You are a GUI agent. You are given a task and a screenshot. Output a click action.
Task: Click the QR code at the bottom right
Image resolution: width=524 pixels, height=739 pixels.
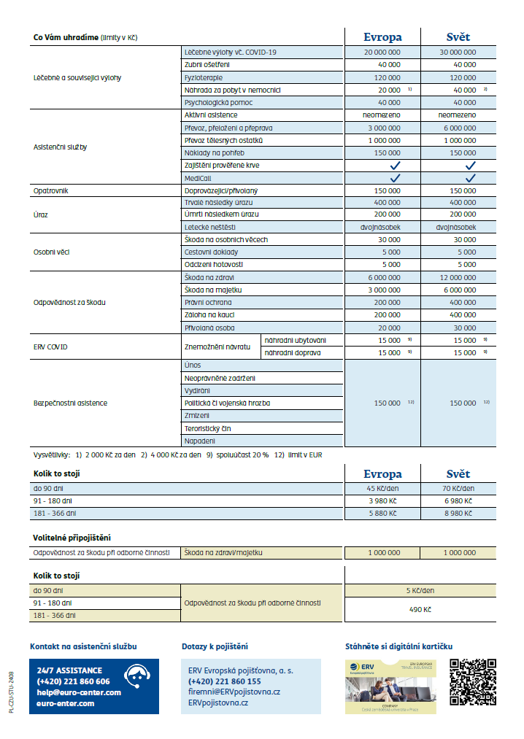472,682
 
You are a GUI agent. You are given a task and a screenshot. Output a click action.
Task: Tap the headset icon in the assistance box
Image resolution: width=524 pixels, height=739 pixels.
137,676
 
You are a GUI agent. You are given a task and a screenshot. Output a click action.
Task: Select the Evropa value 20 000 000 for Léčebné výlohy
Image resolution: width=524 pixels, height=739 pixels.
382,53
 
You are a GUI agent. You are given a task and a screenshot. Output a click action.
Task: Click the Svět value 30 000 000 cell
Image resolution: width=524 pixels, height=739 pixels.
458,53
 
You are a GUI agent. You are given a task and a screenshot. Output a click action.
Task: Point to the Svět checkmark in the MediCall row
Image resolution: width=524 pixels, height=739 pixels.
471,178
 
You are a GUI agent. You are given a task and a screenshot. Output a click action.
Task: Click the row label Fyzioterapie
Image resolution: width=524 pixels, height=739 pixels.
204,77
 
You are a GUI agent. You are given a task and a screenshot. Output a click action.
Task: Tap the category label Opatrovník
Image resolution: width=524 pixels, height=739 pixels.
50,190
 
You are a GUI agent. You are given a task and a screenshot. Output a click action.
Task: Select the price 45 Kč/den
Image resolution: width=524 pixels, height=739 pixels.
382,489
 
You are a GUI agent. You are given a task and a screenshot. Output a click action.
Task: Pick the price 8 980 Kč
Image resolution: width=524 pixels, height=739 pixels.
458,514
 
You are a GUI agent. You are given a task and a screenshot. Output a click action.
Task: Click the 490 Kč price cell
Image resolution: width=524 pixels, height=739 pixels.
420,609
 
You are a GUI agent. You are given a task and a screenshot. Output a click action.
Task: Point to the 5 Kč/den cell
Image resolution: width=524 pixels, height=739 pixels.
420,590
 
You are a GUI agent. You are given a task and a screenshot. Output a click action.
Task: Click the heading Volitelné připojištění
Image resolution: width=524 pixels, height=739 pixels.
72,538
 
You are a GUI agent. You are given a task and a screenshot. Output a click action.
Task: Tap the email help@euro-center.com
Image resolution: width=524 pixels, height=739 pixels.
79,692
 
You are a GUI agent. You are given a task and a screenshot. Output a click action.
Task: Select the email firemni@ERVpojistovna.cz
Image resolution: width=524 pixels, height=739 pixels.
234,692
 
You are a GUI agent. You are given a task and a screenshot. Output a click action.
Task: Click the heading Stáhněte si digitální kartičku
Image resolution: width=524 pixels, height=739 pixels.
399,646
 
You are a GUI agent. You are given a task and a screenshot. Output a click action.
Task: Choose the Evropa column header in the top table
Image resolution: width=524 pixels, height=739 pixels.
382,37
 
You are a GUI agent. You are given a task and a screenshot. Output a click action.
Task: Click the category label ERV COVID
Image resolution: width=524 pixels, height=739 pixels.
50,347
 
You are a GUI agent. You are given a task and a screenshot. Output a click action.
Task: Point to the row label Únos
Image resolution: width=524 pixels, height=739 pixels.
193,365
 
